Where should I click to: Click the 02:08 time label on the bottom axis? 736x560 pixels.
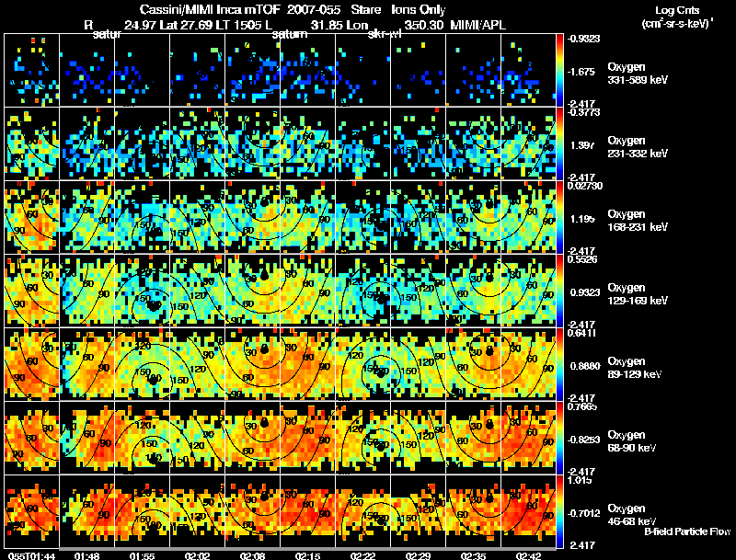[252, 555]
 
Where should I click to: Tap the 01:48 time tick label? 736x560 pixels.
[86, 555]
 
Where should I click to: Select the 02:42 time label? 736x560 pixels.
[528, 555]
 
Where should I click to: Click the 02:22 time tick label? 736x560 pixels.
[363, 555]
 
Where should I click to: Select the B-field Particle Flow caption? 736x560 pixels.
[687, 531]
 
